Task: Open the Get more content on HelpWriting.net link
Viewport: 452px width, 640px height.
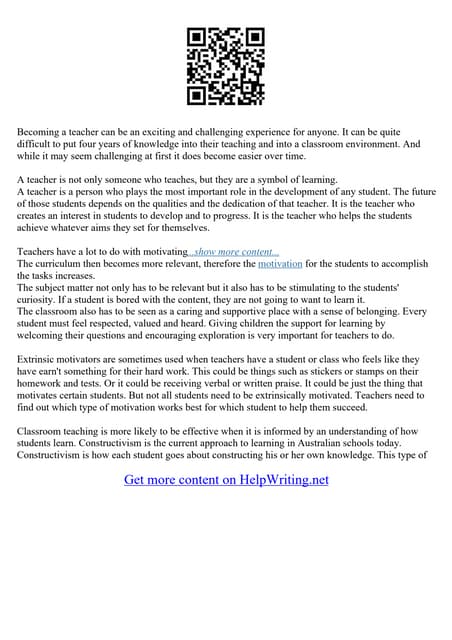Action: point(226,480)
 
